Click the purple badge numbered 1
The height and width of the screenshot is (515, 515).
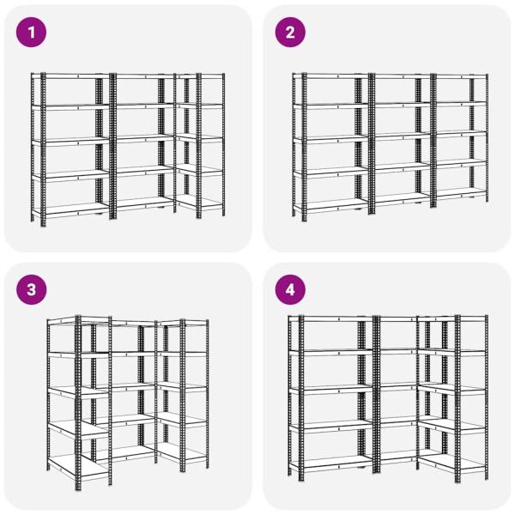point(31,33)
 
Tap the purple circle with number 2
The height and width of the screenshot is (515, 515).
point(290,33)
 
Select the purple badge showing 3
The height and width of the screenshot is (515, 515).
point(31,290)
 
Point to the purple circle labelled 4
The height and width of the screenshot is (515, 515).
point(290,290)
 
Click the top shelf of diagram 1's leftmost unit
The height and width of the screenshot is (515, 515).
point(71,76)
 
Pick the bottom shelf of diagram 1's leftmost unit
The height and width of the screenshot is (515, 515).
point(71,209)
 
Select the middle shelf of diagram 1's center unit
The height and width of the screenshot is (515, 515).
point(144,138)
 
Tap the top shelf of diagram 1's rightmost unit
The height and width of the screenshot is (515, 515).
point(200,76)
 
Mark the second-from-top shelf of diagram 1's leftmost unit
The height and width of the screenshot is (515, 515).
point(71,106)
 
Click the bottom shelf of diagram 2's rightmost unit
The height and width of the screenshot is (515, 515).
point(460,194)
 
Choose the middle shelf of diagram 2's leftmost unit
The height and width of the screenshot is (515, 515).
point(331,139)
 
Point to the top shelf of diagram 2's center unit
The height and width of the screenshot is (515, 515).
point(402,76)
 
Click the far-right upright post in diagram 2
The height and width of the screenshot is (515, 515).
point(487,138)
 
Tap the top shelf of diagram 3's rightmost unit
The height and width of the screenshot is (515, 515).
point(183,323)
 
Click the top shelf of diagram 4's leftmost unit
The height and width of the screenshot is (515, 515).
point(331,318)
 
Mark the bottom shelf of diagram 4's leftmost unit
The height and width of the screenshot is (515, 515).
point(331,463)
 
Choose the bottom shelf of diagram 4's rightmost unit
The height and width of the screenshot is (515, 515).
point(453,463)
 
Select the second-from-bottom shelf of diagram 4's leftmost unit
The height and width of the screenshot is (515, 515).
point(331,426)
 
